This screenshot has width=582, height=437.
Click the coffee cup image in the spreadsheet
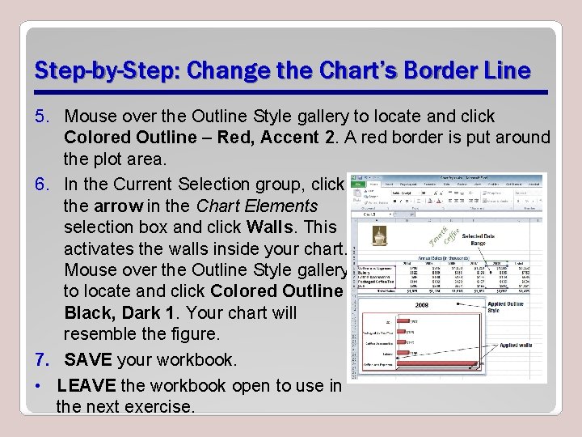(377, 235)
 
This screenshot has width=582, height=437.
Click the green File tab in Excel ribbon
(359, 183)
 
